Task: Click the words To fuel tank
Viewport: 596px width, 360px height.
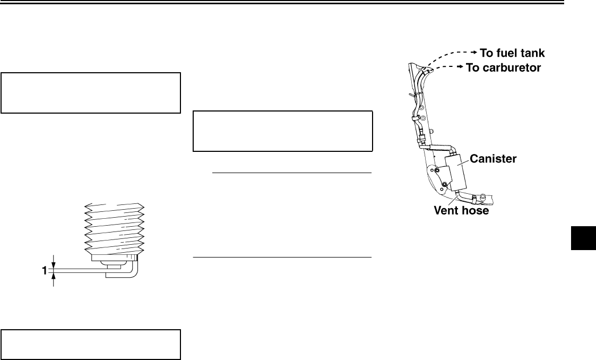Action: click(x=512, y=53)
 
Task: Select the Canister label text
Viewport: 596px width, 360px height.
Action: click(x=492, y=158)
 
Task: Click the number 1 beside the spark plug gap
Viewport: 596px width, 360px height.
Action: click(x=45, y=271)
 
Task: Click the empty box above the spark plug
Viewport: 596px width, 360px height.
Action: click(x=91, y=93)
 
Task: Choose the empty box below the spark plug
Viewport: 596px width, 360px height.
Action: click(x=91, y=345)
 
